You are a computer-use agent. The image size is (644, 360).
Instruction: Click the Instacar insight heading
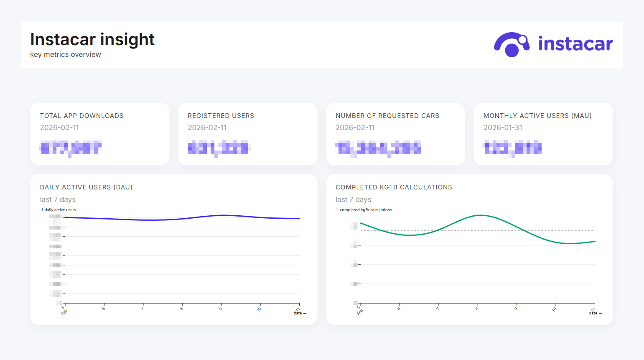[92, 39]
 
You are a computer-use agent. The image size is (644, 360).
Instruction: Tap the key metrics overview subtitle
[66, 54]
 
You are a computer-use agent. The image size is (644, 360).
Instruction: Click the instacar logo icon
[512, 44]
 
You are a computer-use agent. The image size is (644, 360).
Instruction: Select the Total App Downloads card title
[82, 116]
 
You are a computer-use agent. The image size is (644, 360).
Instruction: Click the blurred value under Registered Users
[219, 148]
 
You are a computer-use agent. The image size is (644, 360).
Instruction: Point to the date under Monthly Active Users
[503, 128]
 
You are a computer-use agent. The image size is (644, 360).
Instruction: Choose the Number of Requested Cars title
[387, 116]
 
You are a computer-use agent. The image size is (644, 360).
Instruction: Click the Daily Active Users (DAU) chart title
[86, 187]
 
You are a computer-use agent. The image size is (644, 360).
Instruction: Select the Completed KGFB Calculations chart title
[394, 187]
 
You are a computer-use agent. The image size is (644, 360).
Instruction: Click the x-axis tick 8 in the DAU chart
[182, 309]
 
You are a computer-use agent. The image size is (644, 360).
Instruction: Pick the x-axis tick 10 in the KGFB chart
[555, 309]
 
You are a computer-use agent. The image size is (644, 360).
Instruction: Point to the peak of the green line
[481, 215]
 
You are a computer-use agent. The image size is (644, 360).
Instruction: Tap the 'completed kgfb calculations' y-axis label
[364, 210]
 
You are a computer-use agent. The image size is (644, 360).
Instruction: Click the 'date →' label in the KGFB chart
[595, 313]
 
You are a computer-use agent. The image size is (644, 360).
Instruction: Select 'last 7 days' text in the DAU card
[58, 199]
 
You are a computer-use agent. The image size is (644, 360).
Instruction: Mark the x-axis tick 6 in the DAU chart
[104, 309]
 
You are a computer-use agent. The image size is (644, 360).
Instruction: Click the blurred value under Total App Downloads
[70, 148]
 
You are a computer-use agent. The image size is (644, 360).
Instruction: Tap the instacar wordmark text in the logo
[575, 44]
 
